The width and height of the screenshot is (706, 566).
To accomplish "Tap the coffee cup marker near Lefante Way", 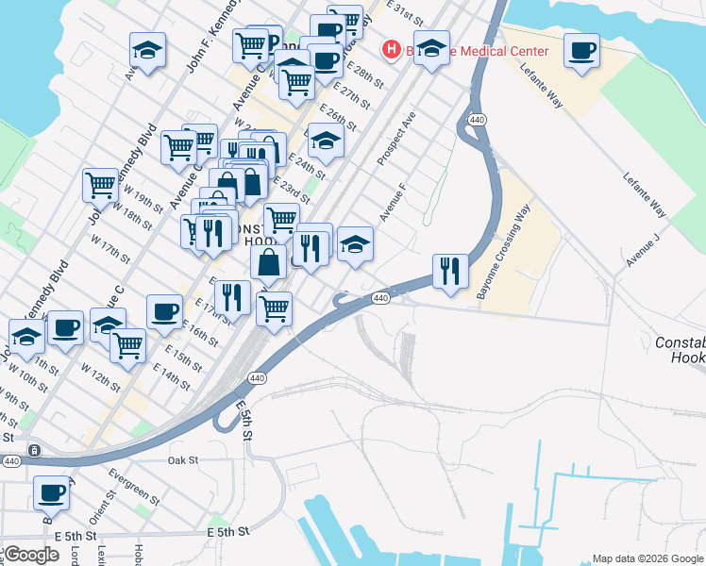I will pos(581,50).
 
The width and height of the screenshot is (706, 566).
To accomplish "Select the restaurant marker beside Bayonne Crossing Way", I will pos(449,271).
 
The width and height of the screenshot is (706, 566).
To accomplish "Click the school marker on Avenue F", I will pos(355,245).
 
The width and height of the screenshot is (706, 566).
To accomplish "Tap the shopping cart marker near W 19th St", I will pos(100,185).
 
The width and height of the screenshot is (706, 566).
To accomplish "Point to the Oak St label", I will pos(182,460).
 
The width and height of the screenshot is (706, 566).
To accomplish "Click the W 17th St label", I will pos(110,249).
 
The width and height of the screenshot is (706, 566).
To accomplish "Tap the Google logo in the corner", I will pos(31,554).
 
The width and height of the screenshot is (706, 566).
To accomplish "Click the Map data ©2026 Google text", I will pos(647,558).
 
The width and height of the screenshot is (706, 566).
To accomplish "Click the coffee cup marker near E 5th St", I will pos(51,491).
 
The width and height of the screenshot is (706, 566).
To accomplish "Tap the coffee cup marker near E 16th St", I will pos(164,311).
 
